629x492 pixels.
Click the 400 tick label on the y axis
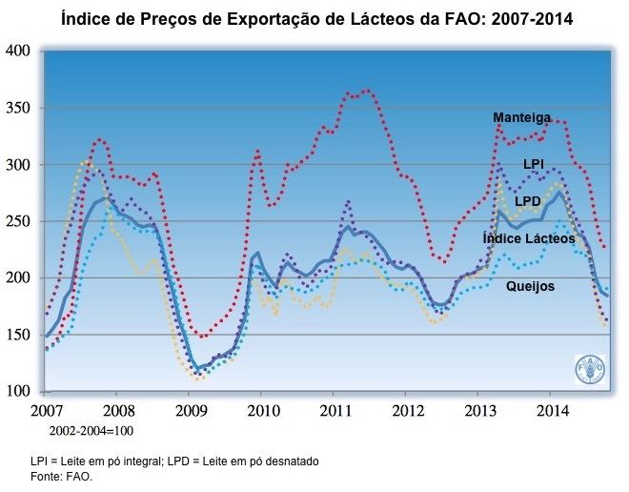[19, 51]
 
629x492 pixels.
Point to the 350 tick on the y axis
[19, 108]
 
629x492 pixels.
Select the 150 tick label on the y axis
[19, 335]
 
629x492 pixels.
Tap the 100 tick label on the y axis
[19, 391]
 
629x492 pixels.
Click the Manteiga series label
[521, 117]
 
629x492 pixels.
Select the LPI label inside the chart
[534, 165]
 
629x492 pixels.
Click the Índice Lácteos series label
[529, 237]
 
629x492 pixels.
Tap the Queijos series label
[531, 285]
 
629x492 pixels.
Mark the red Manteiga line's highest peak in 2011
[367, 91]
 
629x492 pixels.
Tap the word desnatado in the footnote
[287, 461]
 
